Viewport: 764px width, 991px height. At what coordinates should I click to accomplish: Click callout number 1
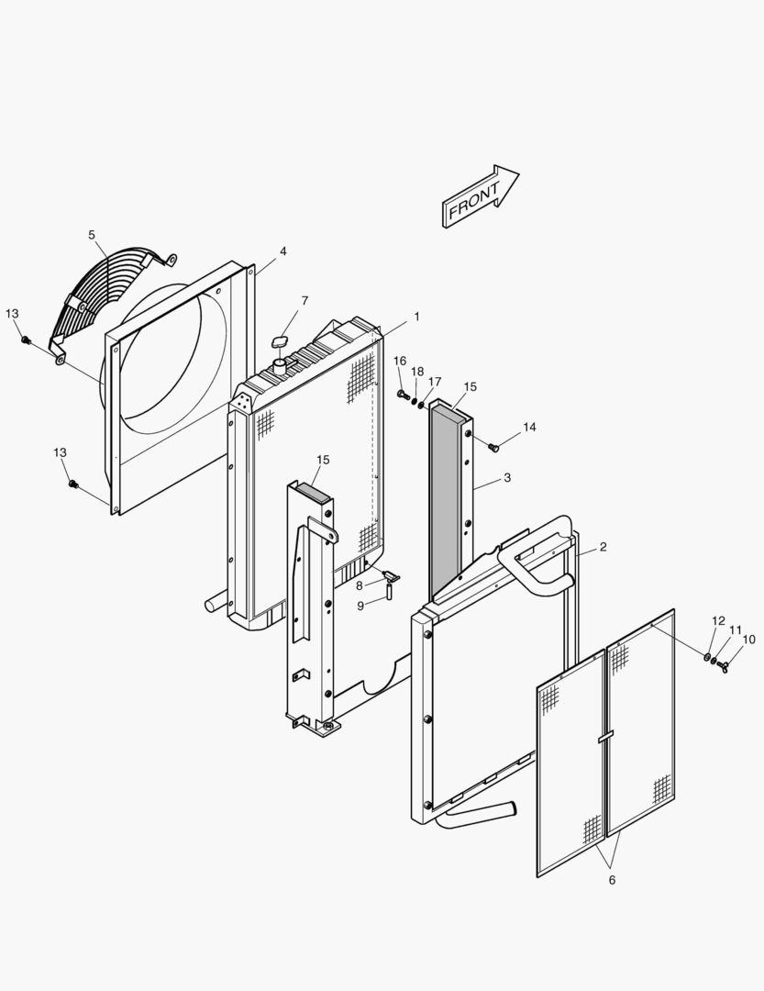[416, 317]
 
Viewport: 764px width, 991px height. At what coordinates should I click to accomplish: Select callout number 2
[603, 547]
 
